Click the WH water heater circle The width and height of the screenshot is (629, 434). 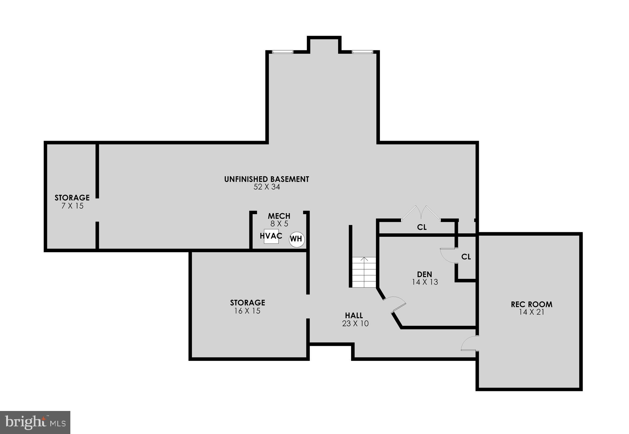(296, 239)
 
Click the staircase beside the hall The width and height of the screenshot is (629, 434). (364, 272)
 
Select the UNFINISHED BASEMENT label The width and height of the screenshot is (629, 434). (267, 179)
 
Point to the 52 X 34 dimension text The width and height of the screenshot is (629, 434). (267, 187)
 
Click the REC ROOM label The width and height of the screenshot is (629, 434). (531, 304)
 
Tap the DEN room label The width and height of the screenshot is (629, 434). (424, 274)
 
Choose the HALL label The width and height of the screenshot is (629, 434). (354, 315)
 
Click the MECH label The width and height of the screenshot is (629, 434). (279, 216)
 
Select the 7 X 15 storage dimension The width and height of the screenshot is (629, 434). (72, 206)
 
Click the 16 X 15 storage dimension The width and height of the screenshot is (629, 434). (247, 311)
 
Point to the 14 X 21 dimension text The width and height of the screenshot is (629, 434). (531, 312)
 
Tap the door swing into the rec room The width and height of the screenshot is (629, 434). (469, 343)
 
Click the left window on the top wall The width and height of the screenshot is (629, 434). (282, 52)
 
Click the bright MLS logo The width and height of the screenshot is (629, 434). (35, 422)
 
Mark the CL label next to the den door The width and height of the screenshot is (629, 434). (466, 257)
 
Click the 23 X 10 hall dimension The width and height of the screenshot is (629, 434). (355, 323)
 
